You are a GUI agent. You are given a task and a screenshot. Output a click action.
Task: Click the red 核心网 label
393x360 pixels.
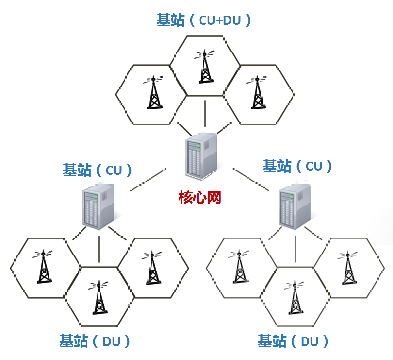pyautogui.click(x=200, y=198)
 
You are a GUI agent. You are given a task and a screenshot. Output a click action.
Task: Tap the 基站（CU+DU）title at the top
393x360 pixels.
pyautogui.click(x=204, y=20)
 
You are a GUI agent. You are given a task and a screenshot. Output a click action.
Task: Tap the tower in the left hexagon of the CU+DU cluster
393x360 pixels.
pyautogui.click(x=153, y=93)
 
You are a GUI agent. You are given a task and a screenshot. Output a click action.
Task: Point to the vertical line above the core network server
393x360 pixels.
pyautogui.click(x=205, y=113)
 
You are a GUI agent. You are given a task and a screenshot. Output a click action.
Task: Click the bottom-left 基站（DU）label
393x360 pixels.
pyautogui.click(x=95, y=341)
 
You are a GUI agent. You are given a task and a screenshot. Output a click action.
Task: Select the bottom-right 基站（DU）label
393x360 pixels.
pyautogui.click(x=293, y=341)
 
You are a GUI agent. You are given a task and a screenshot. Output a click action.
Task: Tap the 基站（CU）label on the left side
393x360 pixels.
pyautogui.click(x=98, y=170)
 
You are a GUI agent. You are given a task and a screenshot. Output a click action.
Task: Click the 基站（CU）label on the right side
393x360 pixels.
pyautogui.click(x=297, y=166)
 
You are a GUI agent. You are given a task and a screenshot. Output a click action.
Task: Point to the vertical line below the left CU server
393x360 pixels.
pyautogui.click(x=99, y=249)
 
